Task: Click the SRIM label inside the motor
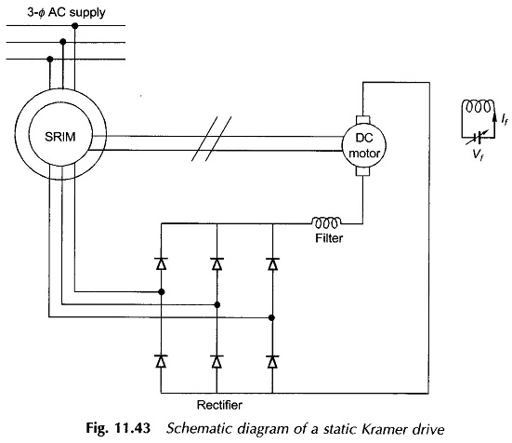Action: pyautogui.click(x=60, y=137)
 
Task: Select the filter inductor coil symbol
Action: pyautogui.click(x=326, y=222)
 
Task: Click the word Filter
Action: pyautogui.click(x=329, y=238)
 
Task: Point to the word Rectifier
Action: pyautogui.click(x=219, y=405)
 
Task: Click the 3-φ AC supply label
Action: pyautogui.click(x=66, y=12)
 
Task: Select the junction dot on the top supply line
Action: pyautogui.click(x=74, y=25)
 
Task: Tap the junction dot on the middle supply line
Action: pyautogui.click(x=63, y=42)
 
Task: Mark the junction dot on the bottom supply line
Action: pyautogui.click(x=50, y=60)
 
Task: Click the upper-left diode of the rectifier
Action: pyautogui.click(x=161, y=263)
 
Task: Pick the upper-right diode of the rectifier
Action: pyautogui.click(x=272, y=263)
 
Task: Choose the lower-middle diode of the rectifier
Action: pyautogui.click(x=217, y=362)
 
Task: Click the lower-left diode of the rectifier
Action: pyautogui.click(x=161, y=362)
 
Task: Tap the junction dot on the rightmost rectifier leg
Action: pyautogui.click(x=271, y=317)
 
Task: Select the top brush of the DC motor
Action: pyautogui.click(x=362, y=119)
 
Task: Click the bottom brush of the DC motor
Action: pyautogui.click(x=362, y=172)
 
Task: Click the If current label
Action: pyautogui.click(x=505, y=120)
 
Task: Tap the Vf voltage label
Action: pyautogui.click(x=479, y=154)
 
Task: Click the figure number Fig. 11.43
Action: pyautogui.click(x=118, y=428)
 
